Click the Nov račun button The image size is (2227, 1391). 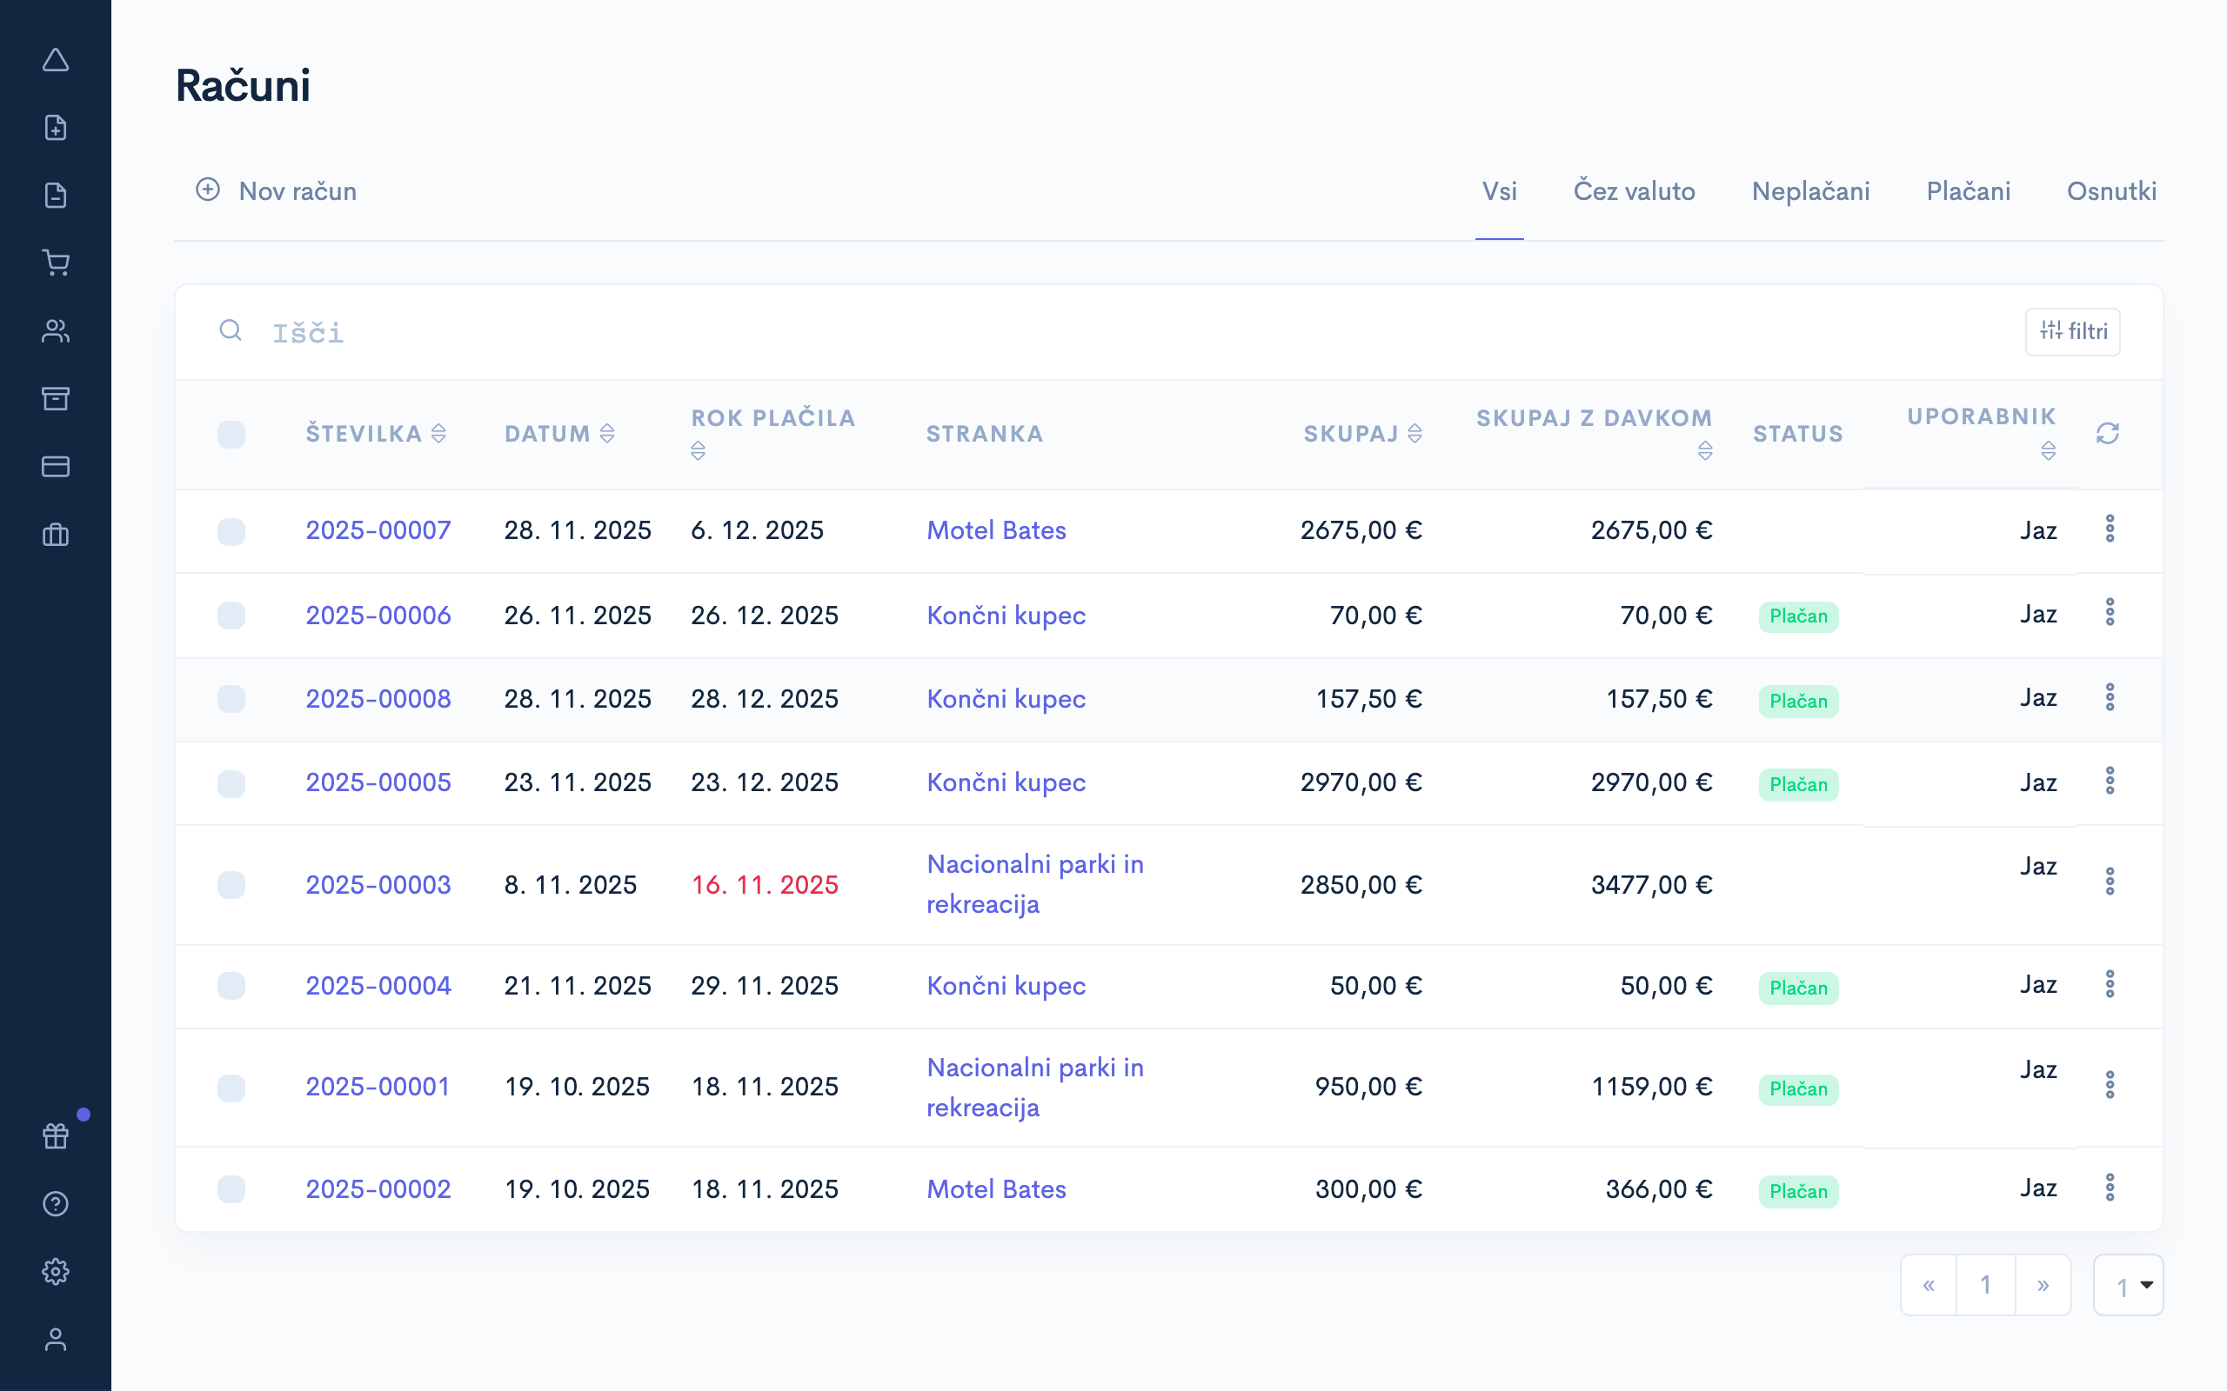(x=276, y=191)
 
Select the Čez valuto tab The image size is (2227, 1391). (x=1634, y=191)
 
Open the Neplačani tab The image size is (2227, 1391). (x=1810, y=191)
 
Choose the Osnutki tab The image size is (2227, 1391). (x=2111, y=191)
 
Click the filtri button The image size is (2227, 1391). (x=2072, y=331)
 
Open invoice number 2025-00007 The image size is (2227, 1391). (x=378, y=531)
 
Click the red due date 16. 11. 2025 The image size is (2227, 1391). (x=764, y=885)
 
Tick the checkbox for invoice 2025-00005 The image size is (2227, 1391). (x=231, y=784)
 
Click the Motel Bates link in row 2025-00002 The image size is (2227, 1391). (x=996, y=1189)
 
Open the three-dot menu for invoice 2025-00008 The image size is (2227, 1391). (x=2110, y=697)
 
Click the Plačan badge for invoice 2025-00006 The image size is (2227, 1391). (x=1798, y=616)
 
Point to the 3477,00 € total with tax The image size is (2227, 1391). (x=1651, y=885)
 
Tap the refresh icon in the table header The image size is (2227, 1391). (x=2107, y=433)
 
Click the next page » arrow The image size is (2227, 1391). (x=2042, y=1285)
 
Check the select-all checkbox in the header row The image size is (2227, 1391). (x=231, y=434)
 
